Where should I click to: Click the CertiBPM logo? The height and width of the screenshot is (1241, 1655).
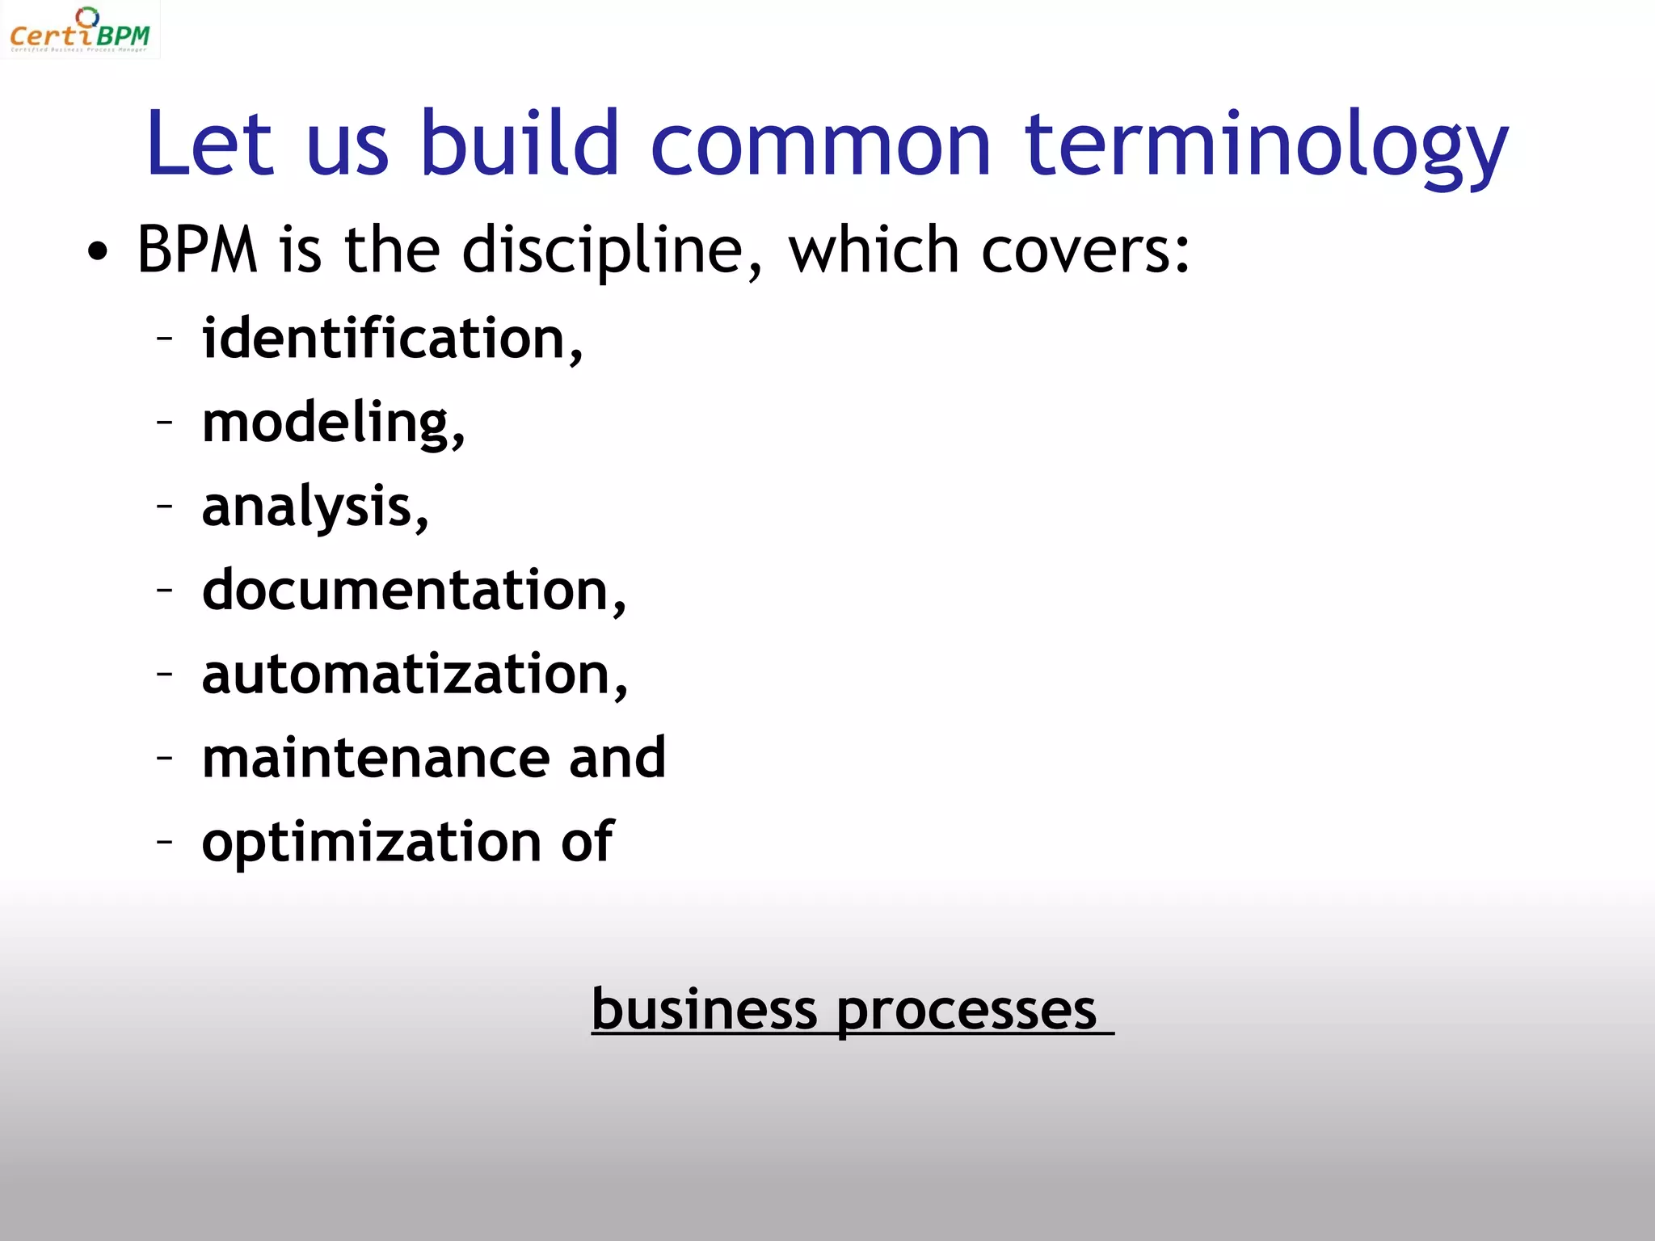(80, 31)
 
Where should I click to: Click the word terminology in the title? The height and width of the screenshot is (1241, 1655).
(1265, 145)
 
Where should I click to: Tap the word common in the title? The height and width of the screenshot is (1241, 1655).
(820, 145)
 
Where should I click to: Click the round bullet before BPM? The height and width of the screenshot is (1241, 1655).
(97, 252)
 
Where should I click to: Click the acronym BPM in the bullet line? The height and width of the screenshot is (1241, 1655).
(197, 250)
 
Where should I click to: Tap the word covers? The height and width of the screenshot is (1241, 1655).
(1084, 251)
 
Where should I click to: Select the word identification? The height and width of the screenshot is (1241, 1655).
(390, 339)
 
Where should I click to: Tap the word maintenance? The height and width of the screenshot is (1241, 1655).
(375, 759)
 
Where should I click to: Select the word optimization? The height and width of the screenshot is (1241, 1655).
(371, 843)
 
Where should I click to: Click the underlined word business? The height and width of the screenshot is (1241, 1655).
(704, 1010)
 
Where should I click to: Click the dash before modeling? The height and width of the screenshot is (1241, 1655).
(165, 422)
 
